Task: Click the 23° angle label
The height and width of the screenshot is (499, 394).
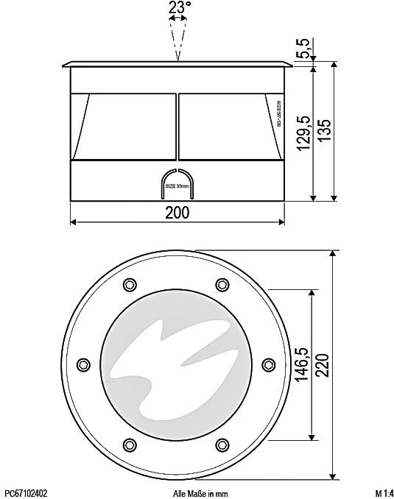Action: click(x=179, y=8)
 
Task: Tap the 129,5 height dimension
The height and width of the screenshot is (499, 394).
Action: click(x=302, y=133)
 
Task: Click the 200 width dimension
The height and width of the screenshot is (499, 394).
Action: click(x=177, y=213)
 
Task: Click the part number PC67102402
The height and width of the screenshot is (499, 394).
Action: click(x=26, y=493)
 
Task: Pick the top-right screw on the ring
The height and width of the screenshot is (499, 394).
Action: click(x=222, y=284)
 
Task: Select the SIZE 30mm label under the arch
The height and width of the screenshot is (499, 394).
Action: click(x=177, y=188)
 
